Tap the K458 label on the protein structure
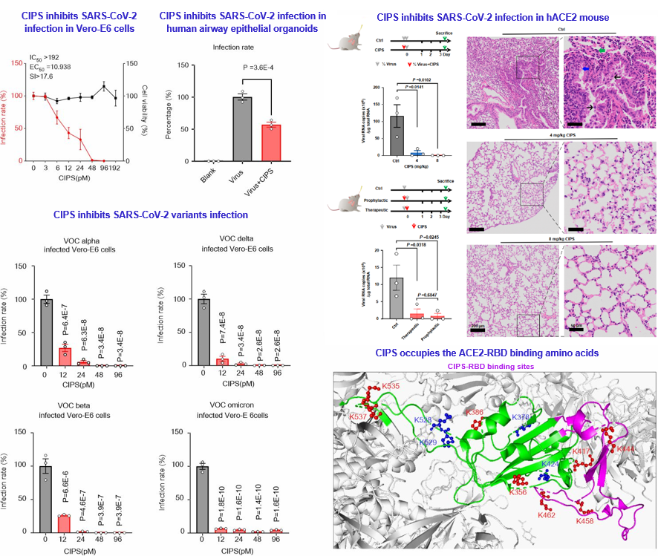(x=586, y=521)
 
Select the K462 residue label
(x=547, y=514)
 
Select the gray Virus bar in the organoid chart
(x=241, y=128)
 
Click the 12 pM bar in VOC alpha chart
(x=65, y=356)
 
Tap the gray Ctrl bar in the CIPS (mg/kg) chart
(x=397, y=134)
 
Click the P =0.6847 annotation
(x=430, y=295)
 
